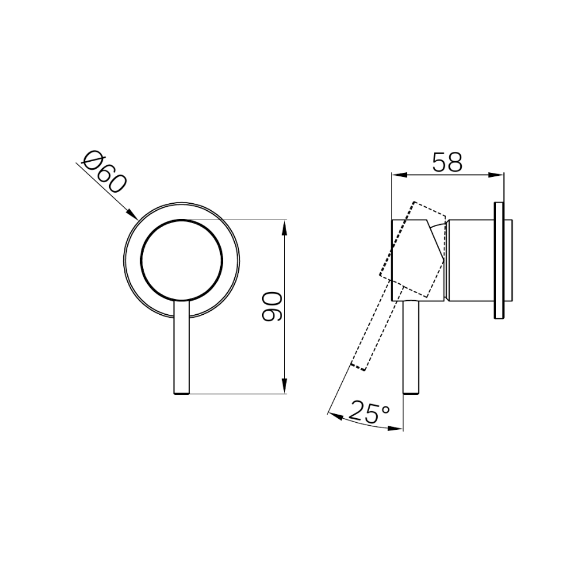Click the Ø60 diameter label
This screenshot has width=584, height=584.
105,173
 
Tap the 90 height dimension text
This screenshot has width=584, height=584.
272,307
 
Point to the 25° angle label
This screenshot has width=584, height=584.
370,413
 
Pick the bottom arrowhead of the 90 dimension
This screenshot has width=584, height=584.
285,388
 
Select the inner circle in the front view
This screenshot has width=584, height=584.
182,260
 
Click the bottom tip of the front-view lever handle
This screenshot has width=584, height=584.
182,394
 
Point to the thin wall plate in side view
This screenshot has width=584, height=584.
498,260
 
